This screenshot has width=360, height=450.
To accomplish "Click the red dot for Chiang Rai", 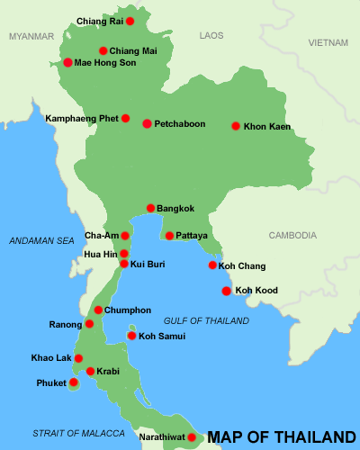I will [130, 21].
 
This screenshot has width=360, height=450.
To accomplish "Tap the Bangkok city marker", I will [151, 209].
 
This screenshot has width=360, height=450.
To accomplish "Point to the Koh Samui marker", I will [131, 337].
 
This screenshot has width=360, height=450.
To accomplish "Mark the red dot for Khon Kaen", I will [236, 127].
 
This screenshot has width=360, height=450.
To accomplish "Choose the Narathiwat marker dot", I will [192, 437].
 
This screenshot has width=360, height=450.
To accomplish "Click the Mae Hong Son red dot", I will [67, 63].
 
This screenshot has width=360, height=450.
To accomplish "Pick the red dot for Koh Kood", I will [227, 291].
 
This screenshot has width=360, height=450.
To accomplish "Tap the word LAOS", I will [211, 35].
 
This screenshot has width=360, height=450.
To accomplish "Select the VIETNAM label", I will [327, 43].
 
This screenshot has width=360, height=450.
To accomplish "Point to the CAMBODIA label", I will [292, 236].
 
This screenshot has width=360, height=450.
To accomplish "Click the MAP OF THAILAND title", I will [282, 437].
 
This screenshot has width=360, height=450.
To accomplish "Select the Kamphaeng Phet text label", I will [82, 118].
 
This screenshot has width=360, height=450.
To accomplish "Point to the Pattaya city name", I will [192, 236].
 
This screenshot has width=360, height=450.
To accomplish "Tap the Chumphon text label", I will [128, 310].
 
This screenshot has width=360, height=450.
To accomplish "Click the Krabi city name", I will [109, 371].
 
